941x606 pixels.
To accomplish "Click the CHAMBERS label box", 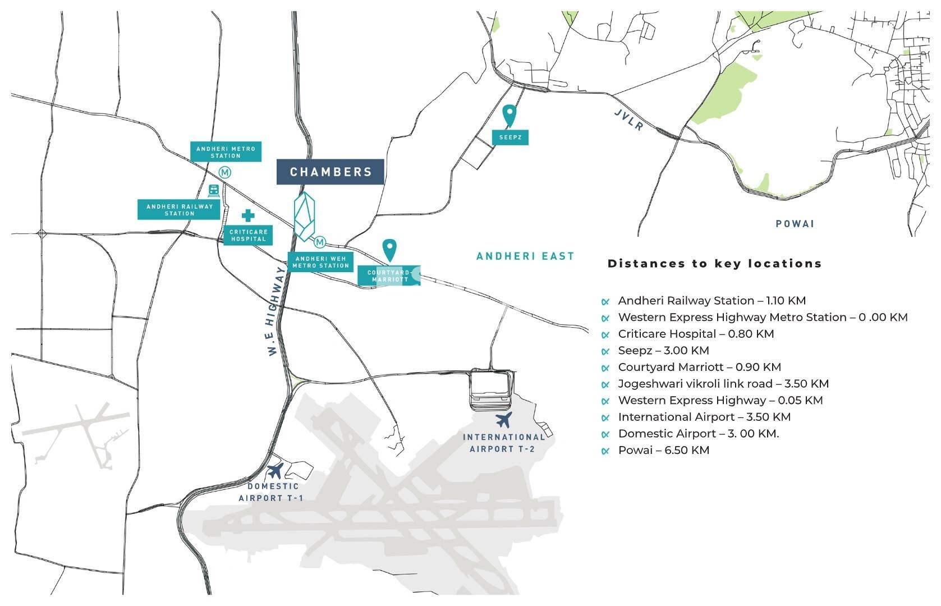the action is click(x=330, y=172).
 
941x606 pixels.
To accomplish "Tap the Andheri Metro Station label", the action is click(x=226, y=151).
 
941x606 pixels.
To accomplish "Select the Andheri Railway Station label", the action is click(x=179, y=209).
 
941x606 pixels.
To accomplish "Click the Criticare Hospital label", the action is click(x=248, y=235).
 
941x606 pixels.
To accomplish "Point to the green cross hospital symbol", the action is click(x=248, y=215).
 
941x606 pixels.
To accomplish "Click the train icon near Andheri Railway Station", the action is click(x=214, y=191).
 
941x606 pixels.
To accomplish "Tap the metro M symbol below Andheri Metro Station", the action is click(x=225, y=172).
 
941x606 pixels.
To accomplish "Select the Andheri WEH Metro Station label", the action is click(x=320, y=262).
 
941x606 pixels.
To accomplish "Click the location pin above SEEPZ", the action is click(x=509, y=115).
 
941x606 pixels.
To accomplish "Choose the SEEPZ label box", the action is click(x=510, y=137).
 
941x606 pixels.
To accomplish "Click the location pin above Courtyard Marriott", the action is click(x=389, y=250).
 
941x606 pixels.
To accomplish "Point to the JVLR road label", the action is click(x=628, y=120).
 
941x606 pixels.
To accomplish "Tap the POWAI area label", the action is click(x=795, y=224).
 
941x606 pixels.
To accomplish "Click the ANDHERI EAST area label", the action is click(x=525, y=256).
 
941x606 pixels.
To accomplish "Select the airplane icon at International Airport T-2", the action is click(x=504, y=420).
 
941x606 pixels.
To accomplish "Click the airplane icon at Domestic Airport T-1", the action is click(x=275, y=471).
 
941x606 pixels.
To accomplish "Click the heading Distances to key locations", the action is click(x=714, y=264).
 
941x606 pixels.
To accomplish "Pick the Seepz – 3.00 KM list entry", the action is click(x=663, y=351).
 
